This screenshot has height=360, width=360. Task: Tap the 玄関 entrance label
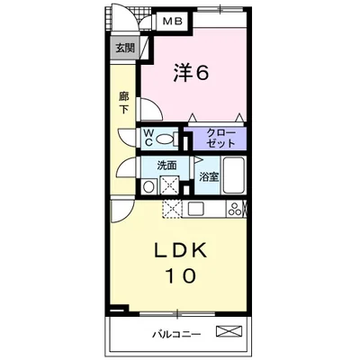click(x=125, y=48)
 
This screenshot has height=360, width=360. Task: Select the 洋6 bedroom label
click(x=191, y=73)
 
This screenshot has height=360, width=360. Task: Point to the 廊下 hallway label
click(x=124, y=102)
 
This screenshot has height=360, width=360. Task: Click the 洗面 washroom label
click(x=167, y=166)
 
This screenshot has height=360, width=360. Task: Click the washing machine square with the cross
click(x=169, y=186)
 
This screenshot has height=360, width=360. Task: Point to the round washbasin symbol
click(x=148, y=187)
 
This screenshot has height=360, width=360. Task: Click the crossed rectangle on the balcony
click(x=229, y=332)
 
